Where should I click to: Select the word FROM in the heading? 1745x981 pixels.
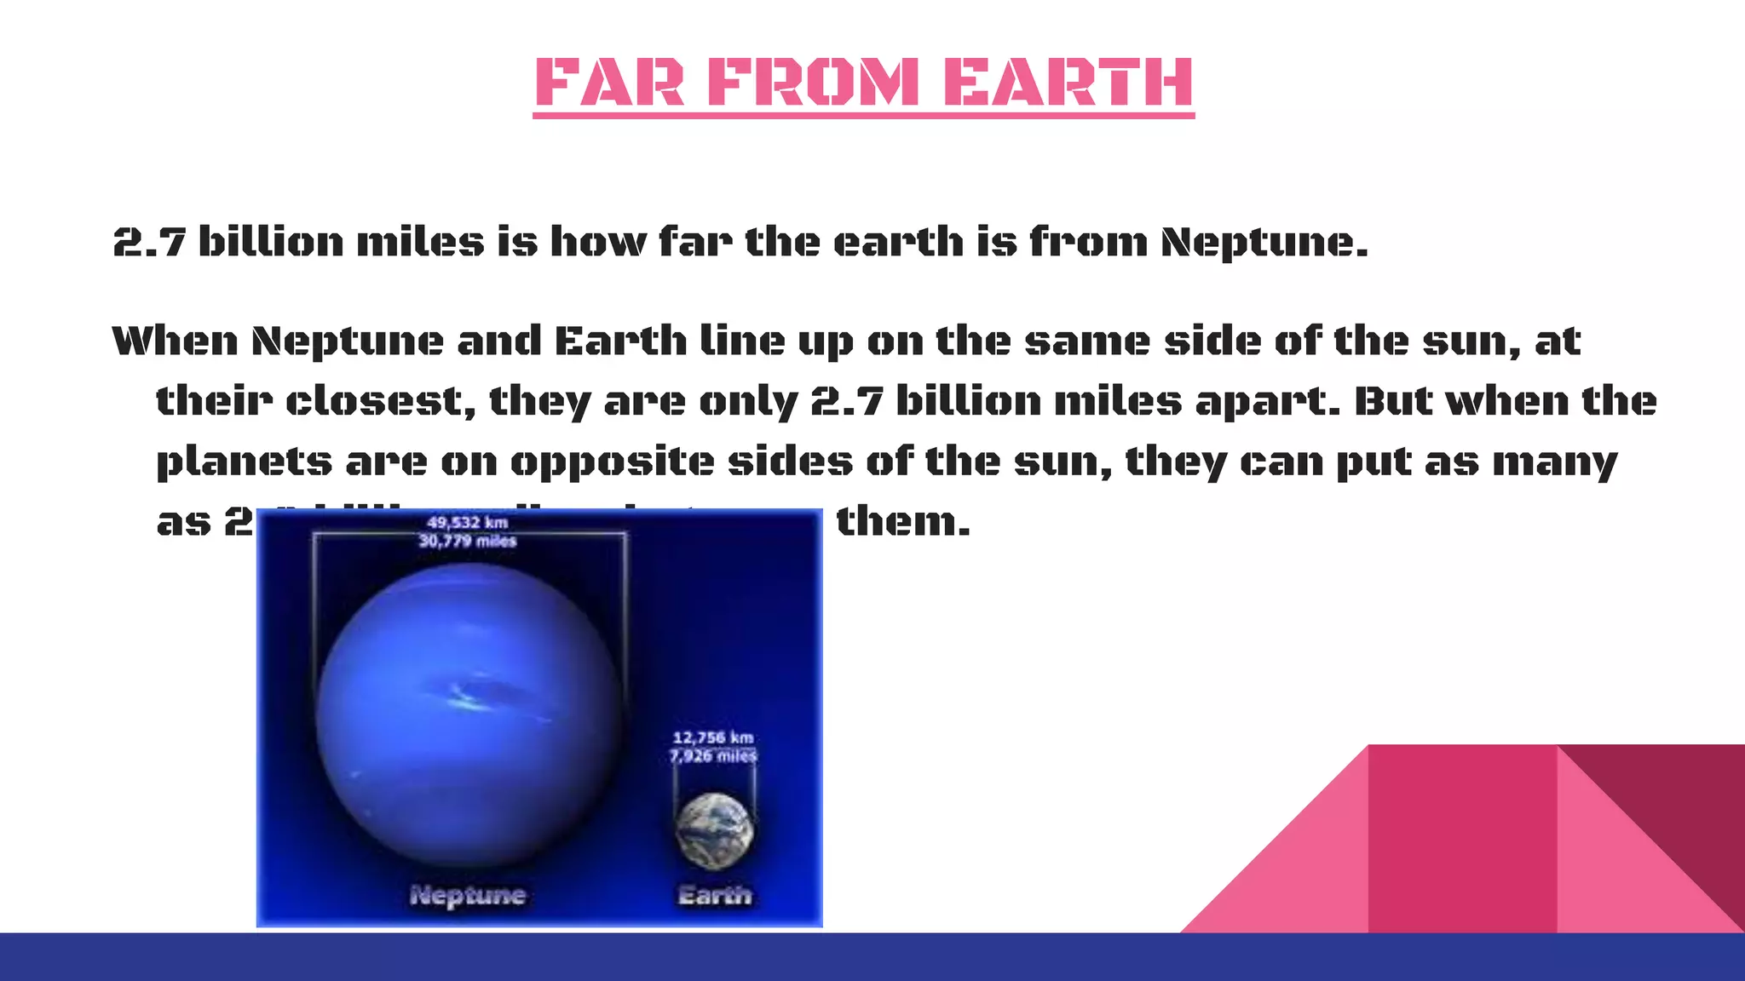tap(814, 83)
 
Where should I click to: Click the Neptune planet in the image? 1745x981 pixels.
tap(469, 715)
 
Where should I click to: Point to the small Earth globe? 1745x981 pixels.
tap(714, 830)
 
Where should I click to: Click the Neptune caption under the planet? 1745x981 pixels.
tap(468, 895)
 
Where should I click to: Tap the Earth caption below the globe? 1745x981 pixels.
tap(715, 895)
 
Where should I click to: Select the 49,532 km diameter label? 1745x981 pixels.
tap(467, 522)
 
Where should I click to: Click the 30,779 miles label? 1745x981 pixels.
tap(467, 541)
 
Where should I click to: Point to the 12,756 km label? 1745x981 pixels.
tap(713, 737)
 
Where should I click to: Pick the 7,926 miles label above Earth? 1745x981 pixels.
tap(713, 756)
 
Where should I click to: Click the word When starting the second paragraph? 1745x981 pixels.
tap(175, 341)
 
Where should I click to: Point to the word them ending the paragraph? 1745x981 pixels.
tap(902, 521)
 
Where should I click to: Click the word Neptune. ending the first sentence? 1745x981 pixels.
tap(1264, 243)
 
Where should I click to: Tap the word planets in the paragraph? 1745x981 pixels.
tap(245, 462)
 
